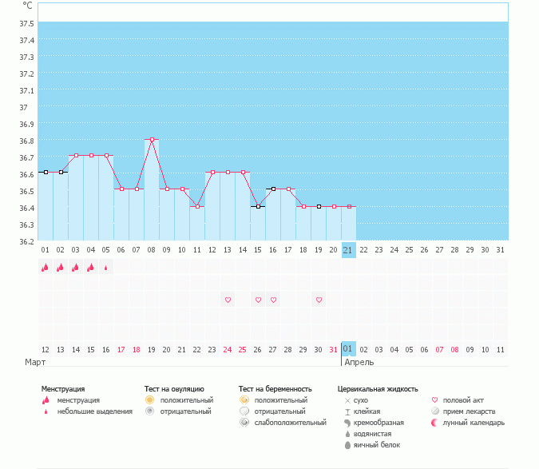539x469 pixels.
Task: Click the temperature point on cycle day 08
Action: [152, 139]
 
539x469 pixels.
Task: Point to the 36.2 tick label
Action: [26, 241]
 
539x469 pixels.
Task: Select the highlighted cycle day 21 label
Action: [348, 250]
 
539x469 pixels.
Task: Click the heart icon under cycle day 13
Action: [228, 300]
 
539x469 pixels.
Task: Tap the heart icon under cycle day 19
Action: [319, 300]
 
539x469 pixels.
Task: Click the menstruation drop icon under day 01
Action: [46, 268]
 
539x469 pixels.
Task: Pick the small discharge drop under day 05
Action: [106, 268]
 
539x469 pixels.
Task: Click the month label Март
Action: [35, 362]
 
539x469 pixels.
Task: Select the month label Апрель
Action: [358, 362]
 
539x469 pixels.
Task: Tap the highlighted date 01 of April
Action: [348, 349]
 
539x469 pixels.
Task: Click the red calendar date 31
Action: [333, 349]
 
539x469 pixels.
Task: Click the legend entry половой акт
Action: [463, 399]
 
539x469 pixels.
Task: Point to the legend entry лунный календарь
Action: [474, 422]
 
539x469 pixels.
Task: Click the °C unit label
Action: [27, 5]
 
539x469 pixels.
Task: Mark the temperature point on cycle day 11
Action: [197, 206]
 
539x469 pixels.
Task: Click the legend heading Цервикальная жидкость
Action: [378, 388]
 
